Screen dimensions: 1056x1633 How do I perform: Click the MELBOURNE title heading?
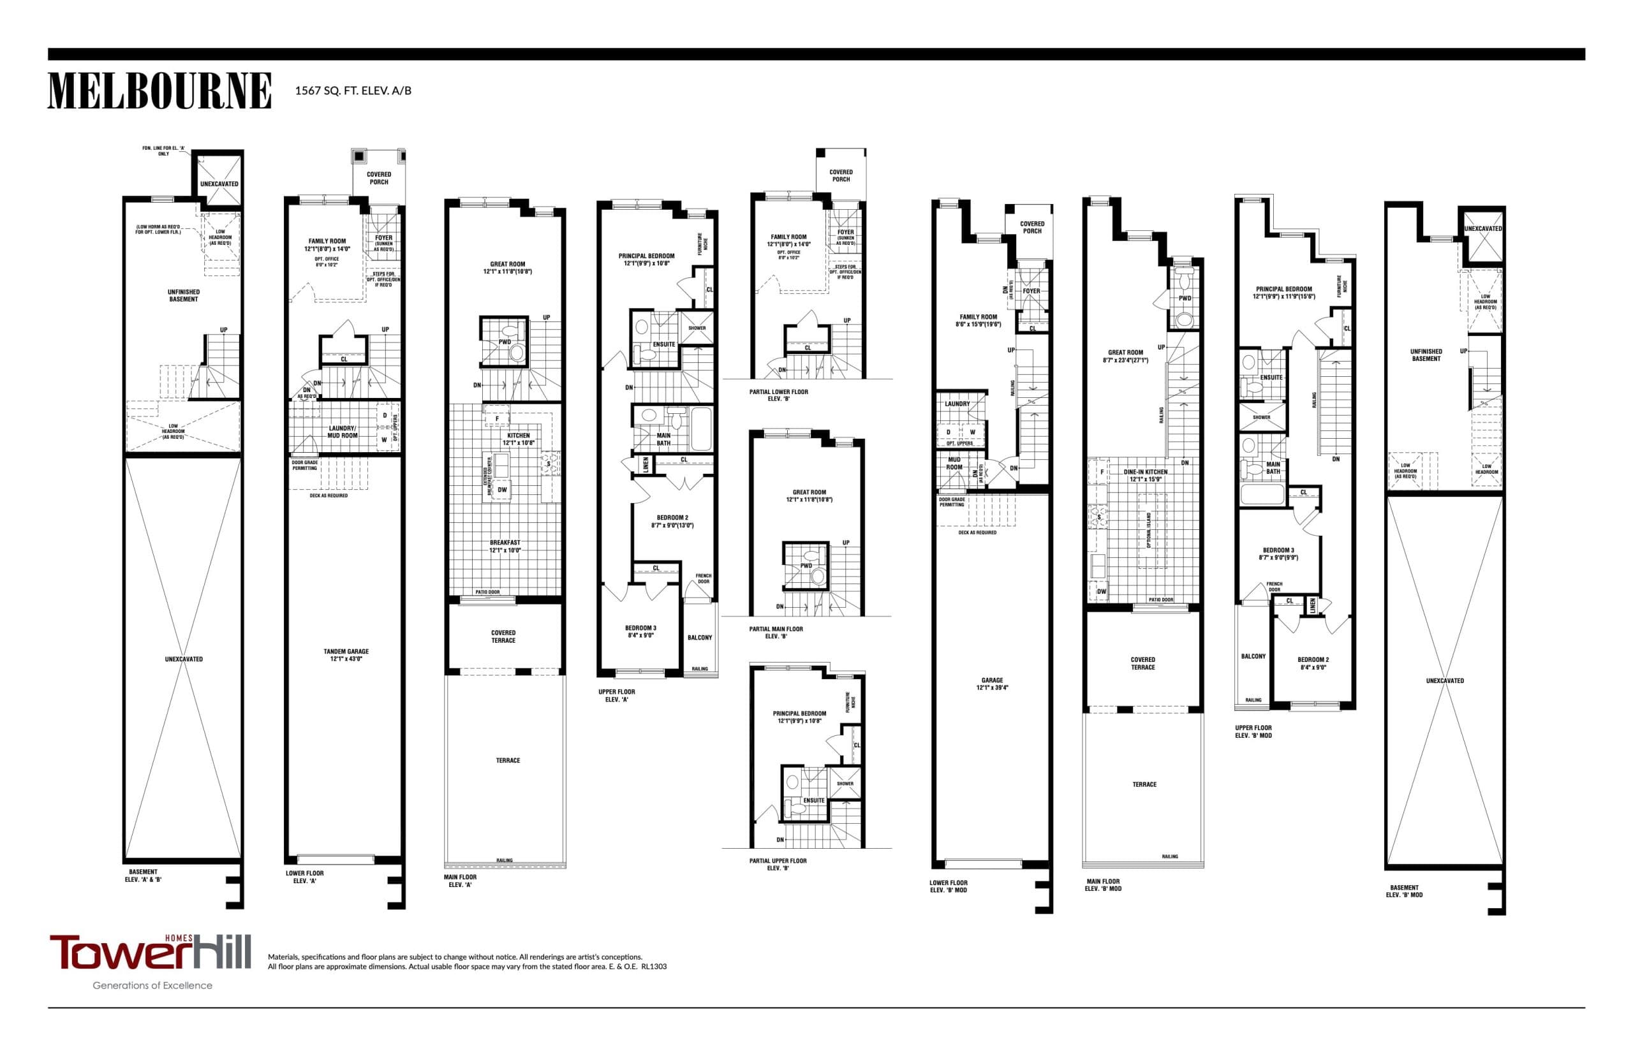click(159, 91)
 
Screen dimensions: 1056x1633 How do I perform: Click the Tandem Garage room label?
click(346, 655)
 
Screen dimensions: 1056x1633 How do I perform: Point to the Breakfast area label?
click(505, 546)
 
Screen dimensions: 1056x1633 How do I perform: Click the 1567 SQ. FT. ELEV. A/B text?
click(353, 91)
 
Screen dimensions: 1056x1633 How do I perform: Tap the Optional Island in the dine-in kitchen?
click(1148, 530)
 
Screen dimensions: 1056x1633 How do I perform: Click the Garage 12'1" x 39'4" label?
click(992, 684)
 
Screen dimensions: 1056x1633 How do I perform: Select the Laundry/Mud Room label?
click(343, 431)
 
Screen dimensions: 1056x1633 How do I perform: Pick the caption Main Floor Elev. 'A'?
click(459, 881)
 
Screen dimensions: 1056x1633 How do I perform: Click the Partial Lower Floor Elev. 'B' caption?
click(778, 395)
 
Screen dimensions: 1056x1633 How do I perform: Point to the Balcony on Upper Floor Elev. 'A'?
click(700, 637)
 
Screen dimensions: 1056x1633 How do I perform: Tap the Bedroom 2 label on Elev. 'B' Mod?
click(1313, 663)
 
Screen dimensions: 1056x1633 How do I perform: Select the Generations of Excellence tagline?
click(152, 985)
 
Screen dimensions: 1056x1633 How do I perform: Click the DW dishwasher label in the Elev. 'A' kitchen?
click(502, 490)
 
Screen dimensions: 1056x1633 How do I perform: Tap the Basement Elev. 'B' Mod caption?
click(1404, 891)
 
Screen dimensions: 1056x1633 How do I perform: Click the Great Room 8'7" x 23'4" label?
click(1125, 356)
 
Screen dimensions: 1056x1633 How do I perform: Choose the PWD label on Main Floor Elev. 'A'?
click(504, 342)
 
